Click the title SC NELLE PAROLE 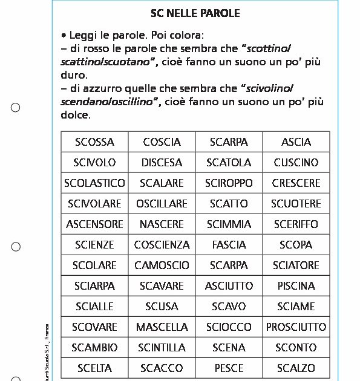(195, 13)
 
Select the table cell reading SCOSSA (94, 142)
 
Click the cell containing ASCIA (296, 142)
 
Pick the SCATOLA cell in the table (229, 163)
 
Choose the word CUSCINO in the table (296, 163)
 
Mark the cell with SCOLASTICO (94, 183)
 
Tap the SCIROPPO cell (229, 183)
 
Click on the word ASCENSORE (94, 224)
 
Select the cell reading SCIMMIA (229, 224)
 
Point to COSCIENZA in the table (162, 245)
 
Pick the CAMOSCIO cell (162, 265)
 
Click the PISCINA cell (296, 286)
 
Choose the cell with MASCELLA (162, 327)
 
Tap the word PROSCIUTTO (296, 327)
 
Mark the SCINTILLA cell (162, 348)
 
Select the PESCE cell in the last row (229, 368)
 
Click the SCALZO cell (296, 368)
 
